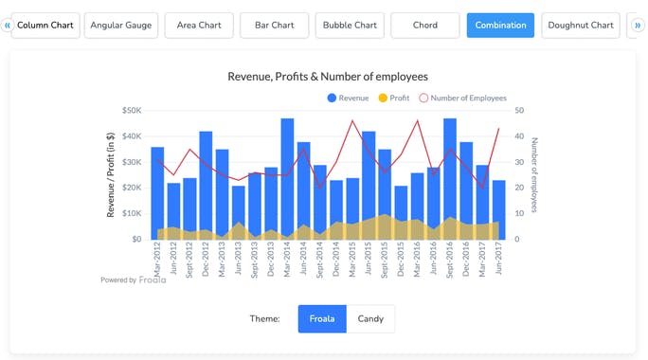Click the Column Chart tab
tap(47, 26)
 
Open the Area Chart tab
tap(199, 26)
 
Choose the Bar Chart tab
tap(275, 26)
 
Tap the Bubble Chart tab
tap(350, 26)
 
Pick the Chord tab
tap(424, 26)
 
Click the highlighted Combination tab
tap(500, 26)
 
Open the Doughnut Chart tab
tap(581, 26)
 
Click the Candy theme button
tap(370, 318)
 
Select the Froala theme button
tap(322, 318)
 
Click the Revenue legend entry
tap(348, 98)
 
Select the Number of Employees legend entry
tap(462, 98)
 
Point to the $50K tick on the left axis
tap(130, 110)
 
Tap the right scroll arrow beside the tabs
tap(637, 26)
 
